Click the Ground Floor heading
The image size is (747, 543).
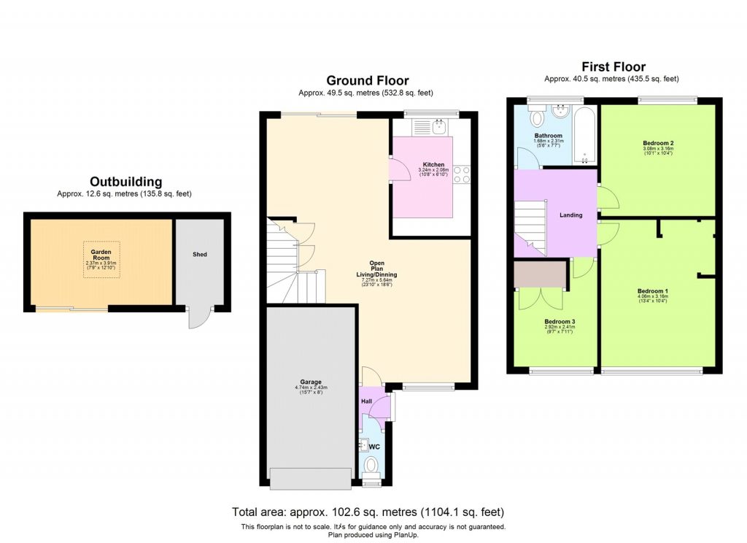367,80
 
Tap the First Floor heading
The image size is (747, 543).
613,66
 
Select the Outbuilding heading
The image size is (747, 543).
125,182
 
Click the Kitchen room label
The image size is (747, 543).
433,164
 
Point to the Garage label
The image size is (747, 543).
311,382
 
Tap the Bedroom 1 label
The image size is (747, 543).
653,291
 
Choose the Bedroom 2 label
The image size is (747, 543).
657,142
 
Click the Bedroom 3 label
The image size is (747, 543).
560,321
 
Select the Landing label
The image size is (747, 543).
570,215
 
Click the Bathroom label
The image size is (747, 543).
548,136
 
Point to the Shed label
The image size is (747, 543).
200,254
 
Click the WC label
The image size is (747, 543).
374,446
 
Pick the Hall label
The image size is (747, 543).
367,401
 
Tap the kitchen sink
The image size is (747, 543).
438,127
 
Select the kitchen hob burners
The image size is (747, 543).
462,174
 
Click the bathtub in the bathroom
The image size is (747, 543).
584,136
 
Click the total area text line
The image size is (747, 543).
368,512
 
